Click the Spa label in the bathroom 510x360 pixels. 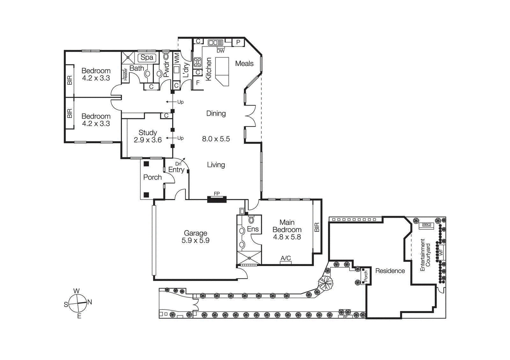[147, 58]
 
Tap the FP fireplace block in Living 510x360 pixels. [217, 199]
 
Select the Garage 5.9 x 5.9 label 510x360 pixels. [195, 237]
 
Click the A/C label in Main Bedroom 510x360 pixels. [286, 258]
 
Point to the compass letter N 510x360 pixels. [90, 302]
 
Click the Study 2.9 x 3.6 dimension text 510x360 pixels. [148, 140]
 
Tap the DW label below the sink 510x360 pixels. [221, 51]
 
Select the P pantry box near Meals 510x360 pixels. [238, 42]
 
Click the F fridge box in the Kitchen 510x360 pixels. [198, 83]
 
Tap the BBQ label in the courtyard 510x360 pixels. [426, 225]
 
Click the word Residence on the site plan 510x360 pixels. [390, 271]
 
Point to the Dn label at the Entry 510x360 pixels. [178, 164]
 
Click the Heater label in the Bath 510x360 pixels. [126, 75]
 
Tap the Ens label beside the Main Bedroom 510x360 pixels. [253, 229]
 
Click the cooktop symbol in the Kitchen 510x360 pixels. [197, 62]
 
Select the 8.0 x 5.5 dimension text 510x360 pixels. [216, 139]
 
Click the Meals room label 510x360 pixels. [244, 63]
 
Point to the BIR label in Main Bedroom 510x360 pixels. [317, 227]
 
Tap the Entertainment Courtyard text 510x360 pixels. [425, 255]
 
